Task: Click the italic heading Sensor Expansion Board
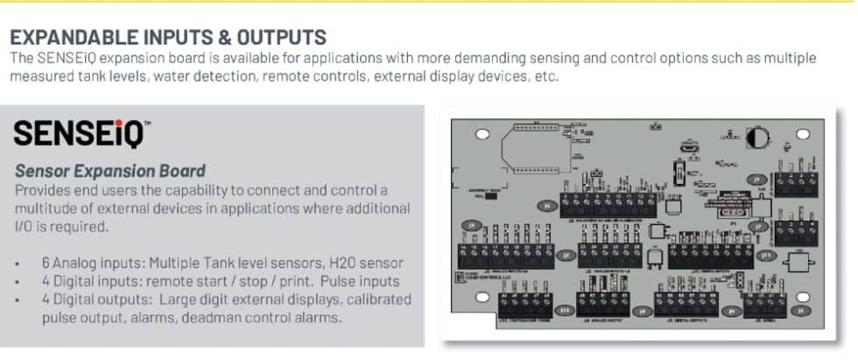110,171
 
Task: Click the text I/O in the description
25,226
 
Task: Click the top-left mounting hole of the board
481,136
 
